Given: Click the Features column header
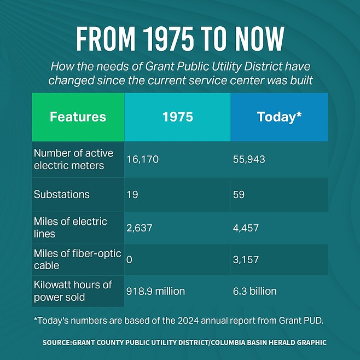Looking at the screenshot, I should click(78, 117).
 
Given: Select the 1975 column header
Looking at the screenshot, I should click(177, 117).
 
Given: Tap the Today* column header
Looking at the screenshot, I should click(279, 117).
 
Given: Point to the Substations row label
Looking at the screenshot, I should click(62, 194).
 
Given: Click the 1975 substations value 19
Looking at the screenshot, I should click(132, 194).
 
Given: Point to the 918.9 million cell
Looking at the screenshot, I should click(155, 291).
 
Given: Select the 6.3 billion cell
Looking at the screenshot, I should click(255, 291).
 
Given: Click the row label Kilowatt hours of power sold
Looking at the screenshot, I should click(73, 291).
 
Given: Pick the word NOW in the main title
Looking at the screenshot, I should click(260, 39).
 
